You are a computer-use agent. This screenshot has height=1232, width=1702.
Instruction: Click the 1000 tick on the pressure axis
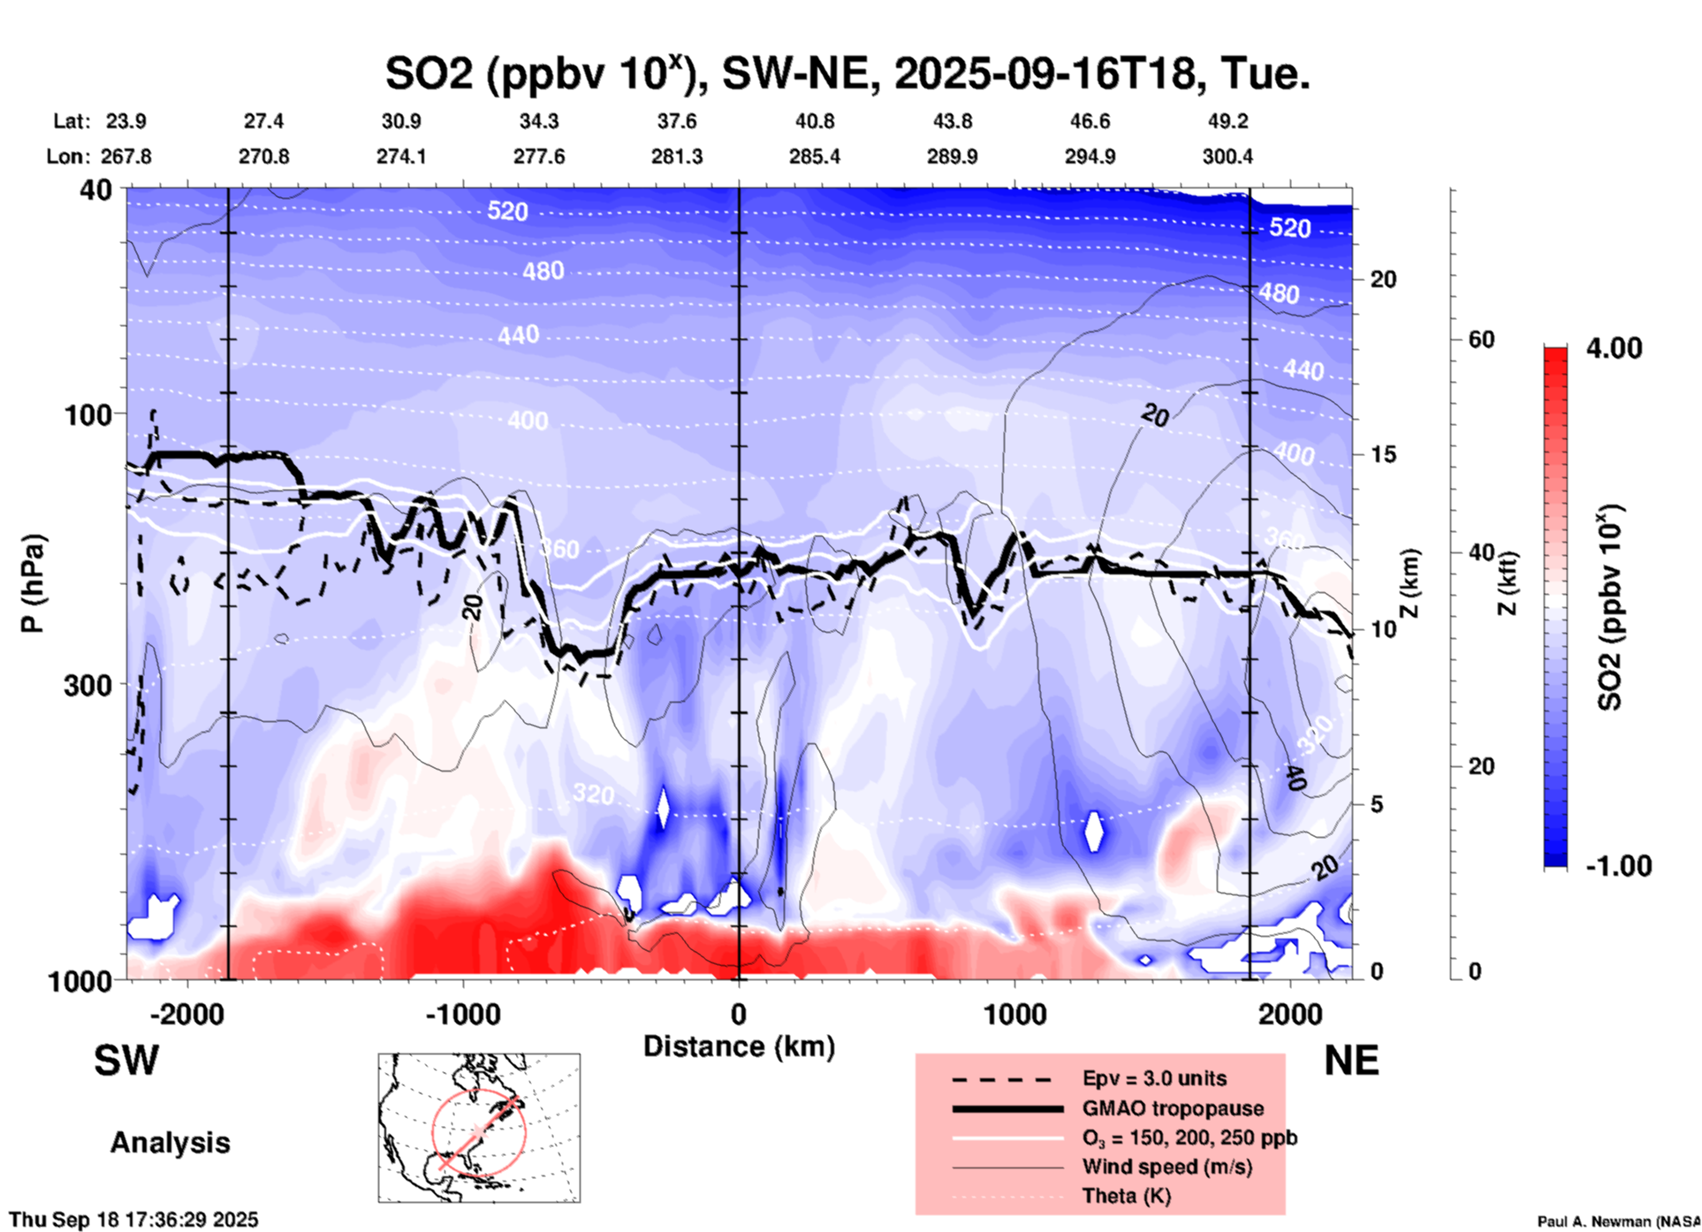(87, 980)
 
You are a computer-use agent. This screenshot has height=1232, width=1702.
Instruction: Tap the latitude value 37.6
(677, 121)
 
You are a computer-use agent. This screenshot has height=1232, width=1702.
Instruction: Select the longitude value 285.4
(814, 156)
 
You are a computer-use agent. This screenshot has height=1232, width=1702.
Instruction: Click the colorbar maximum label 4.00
(1614, 348)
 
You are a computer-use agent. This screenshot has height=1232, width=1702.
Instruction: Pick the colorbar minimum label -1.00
(1618, 866)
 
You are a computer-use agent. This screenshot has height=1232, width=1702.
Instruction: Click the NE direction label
(1351, 1061)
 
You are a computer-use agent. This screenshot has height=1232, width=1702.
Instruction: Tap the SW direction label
(126, 1061)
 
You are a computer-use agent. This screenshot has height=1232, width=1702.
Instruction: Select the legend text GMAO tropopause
(1173, 1108)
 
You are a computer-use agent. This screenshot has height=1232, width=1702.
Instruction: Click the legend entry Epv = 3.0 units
(1154, 1078)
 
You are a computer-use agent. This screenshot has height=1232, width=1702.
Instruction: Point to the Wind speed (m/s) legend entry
(1166, 1167)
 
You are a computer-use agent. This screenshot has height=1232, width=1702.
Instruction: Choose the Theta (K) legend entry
(1126, 1196)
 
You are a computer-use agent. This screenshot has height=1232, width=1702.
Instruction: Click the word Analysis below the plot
(170, 1143)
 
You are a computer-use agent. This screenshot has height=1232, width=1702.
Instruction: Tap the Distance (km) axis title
(739, 1046)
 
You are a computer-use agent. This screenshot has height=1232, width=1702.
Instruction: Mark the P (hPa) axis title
(33, 583)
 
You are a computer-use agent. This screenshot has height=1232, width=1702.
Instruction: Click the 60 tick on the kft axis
(1481, 339)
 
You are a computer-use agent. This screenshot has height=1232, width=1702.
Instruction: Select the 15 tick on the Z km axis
(1383, 454)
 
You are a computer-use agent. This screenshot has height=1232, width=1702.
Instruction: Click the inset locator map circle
(479, 1132)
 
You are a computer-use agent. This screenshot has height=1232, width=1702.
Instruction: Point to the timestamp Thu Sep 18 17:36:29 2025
(134, 1220)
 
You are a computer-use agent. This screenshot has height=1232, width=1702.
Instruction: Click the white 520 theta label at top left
(507, 211)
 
